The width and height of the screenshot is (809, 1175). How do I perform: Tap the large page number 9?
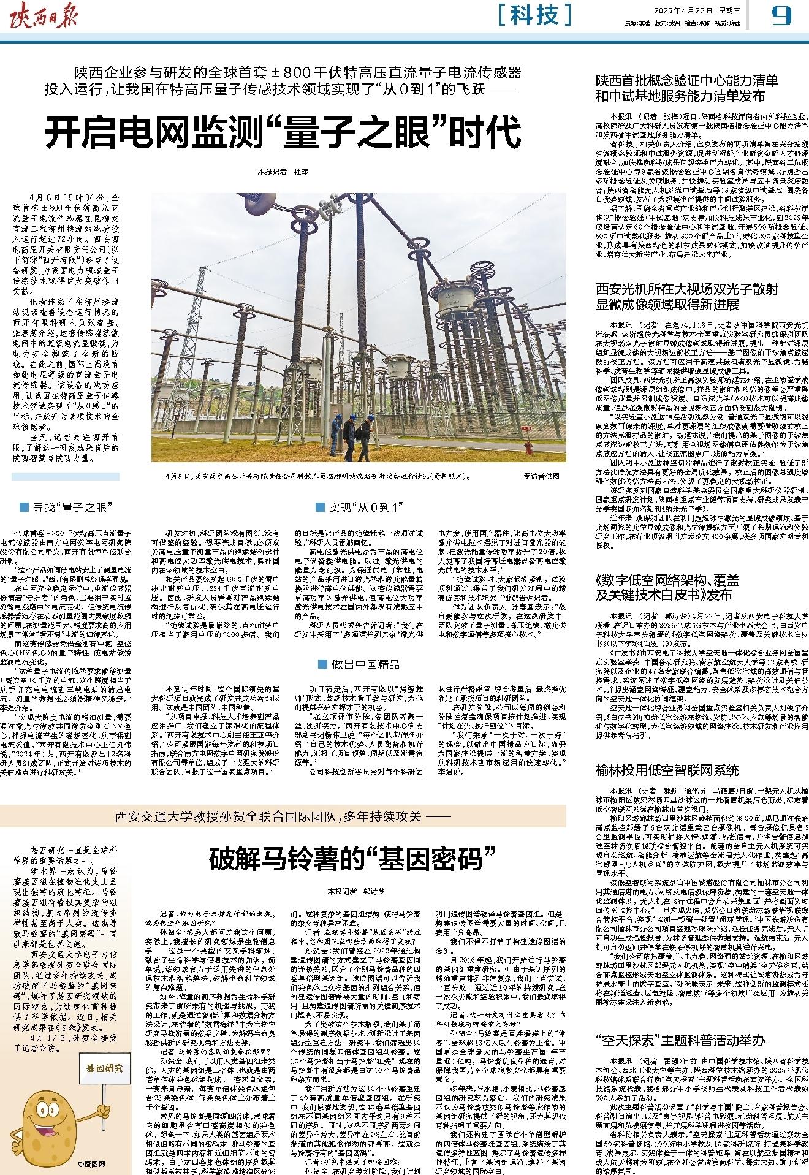point(781,15)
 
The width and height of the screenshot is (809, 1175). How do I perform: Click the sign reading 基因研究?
point(105,1068)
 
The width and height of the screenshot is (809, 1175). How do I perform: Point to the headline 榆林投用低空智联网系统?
point(667,770)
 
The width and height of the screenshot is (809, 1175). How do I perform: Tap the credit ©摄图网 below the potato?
point(92,1163)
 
